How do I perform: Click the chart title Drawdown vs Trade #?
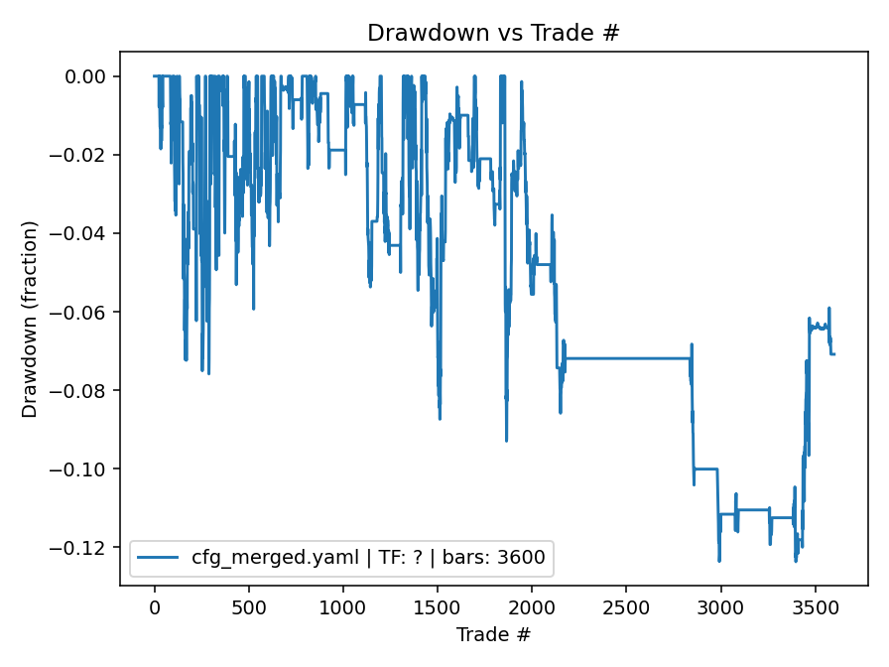(493, 32)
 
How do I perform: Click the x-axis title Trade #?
(493, 633)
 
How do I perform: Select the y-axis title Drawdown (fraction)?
(30, 319)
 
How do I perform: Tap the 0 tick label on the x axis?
(154, 605)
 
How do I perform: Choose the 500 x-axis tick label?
(248, 605)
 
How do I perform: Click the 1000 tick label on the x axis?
(342, 605)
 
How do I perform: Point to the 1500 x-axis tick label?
(437, 605)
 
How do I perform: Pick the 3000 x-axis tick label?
(720, 605)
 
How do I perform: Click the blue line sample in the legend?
(159, 558)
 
